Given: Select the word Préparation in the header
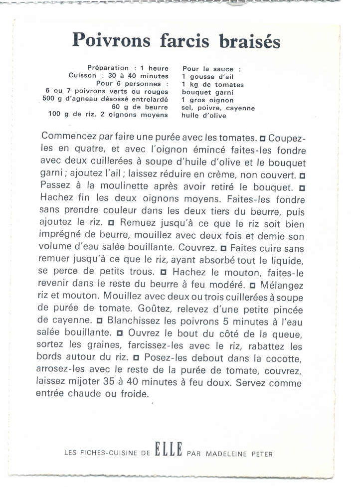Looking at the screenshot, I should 107,68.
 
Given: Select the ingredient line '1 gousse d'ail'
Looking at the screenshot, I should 207,77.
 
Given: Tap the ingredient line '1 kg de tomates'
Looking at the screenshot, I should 213,85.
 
